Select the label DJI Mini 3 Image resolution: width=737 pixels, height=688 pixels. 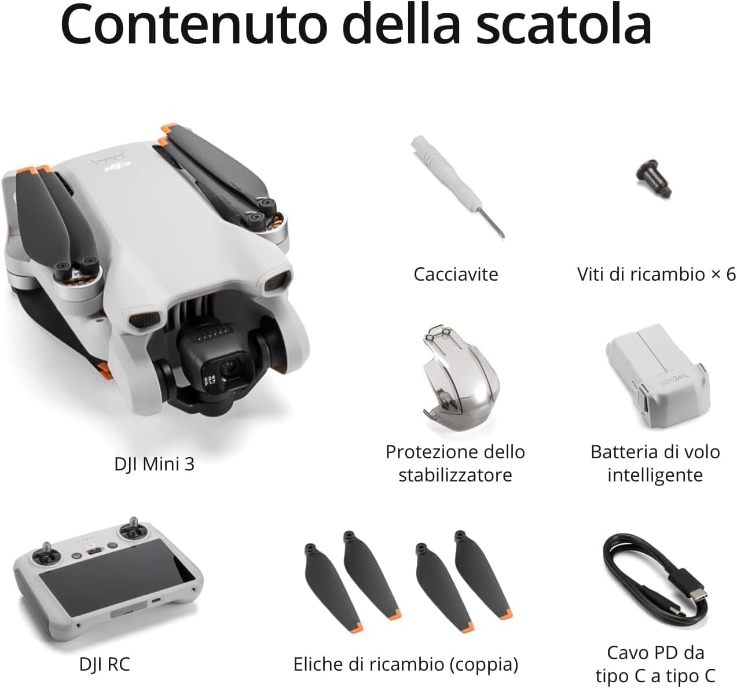(154, 463)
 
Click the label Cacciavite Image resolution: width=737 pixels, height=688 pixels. (456, 274)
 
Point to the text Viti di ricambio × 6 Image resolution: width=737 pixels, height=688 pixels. (655, 274)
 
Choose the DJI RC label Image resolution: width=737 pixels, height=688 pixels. (105, 664)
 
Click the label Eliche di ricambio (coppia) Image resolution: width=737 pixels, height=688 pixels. (405, 664)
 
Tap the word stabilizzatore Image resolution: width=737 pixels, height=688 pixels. (455, 475)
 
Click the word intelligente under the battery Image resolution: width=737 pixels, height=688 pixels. (655, 475)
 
